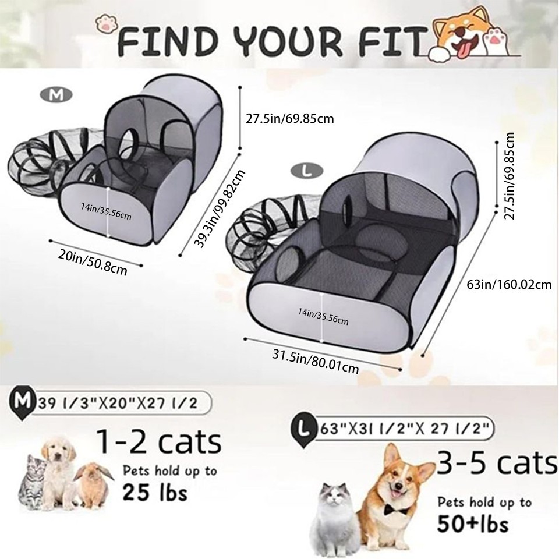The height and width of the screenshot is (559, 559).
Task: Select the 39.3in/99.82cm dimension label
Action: coord(221,208)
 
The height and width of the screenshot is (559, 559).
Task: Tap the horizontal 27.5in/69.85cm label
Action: coord(289,119)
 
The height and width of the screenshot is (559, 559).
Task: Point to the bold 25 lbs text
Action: coord(154,494)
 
